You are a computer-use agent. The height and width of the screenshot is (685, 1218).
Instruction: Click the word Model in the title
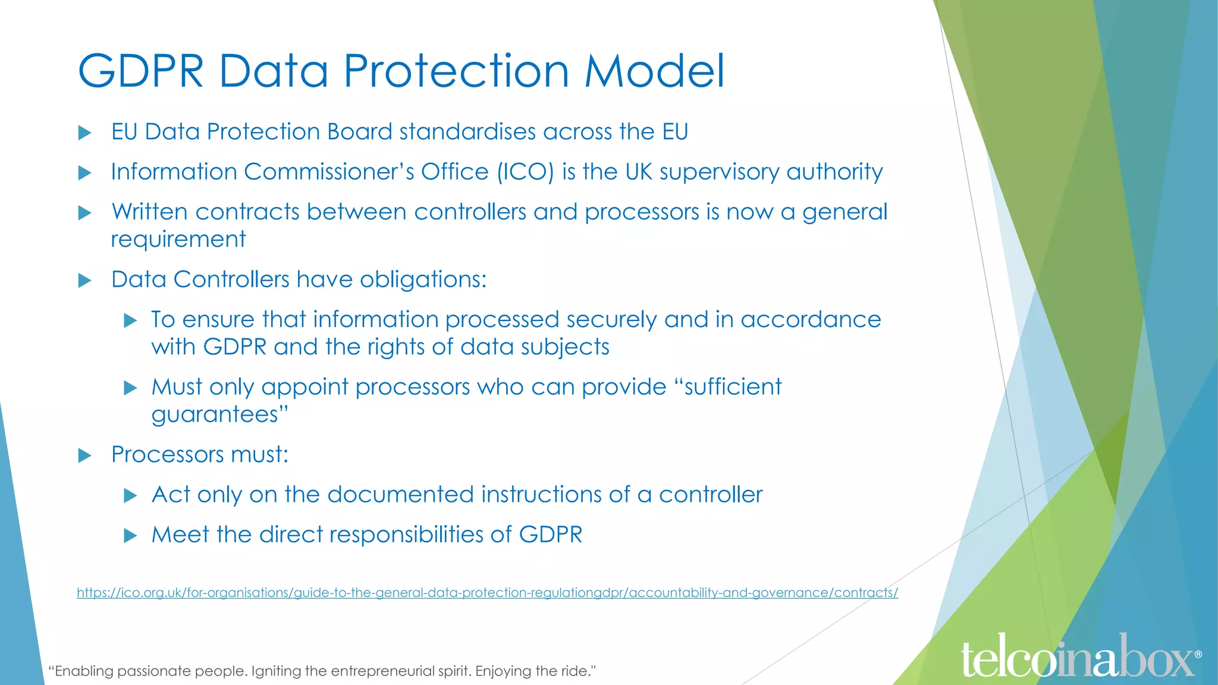[x=654, y=71]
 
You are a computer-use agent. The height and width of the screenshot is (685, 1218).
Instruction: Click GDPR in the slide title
[x=141, y=71]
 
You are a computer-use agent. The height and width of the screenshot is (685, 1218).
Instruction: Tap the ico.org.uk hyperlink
[x=486, y=593]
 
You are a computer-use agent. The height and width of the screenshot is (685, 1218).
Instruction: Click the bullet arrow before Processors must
[x=85, y=456]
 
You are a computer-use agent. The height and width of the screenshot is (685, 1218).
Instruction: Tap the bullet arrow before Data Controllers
[x=85, y=281]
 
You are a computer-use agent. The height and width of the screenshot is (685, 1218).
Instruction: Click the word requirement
[x=178, y=240]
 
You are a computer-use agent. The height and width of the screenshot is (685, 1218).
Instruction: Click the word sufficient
[x=732, y=387]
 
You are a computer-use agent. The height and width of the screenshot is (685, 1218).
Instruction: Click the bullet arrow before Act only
[x=130, y=496]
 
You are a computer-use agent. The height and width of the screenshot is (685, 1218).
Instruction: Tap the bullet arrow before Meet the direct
[x=130, y=536]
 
